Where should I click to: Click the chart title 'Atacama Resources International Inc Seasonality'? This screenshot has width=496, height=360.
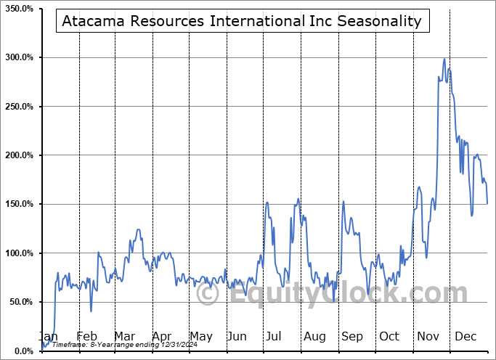tap(242, 21)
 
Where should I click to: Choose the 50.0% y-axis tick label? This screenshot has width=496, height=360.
tap(20, 302)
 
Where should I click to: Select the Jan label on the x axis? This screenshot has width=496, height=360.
tap(48, 337)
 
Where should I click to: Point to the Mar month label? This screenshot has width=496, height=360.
tap(124, 337)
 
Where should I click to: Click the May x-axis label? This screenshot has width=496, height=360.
tap(200, 337)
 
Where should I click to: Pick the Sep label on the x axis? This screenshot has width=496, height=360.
tap(352, 337)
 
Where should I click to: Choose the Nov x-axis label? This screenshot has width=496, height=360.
tap(428, 337)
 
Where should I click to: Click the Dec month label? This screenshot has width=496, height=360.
tap(466, 337)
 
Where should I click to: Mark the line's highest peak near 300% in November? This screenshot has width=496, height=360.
tap(444, 59)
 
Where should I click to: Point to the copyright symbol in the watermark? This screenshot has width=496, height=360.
tap(208, 295)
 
